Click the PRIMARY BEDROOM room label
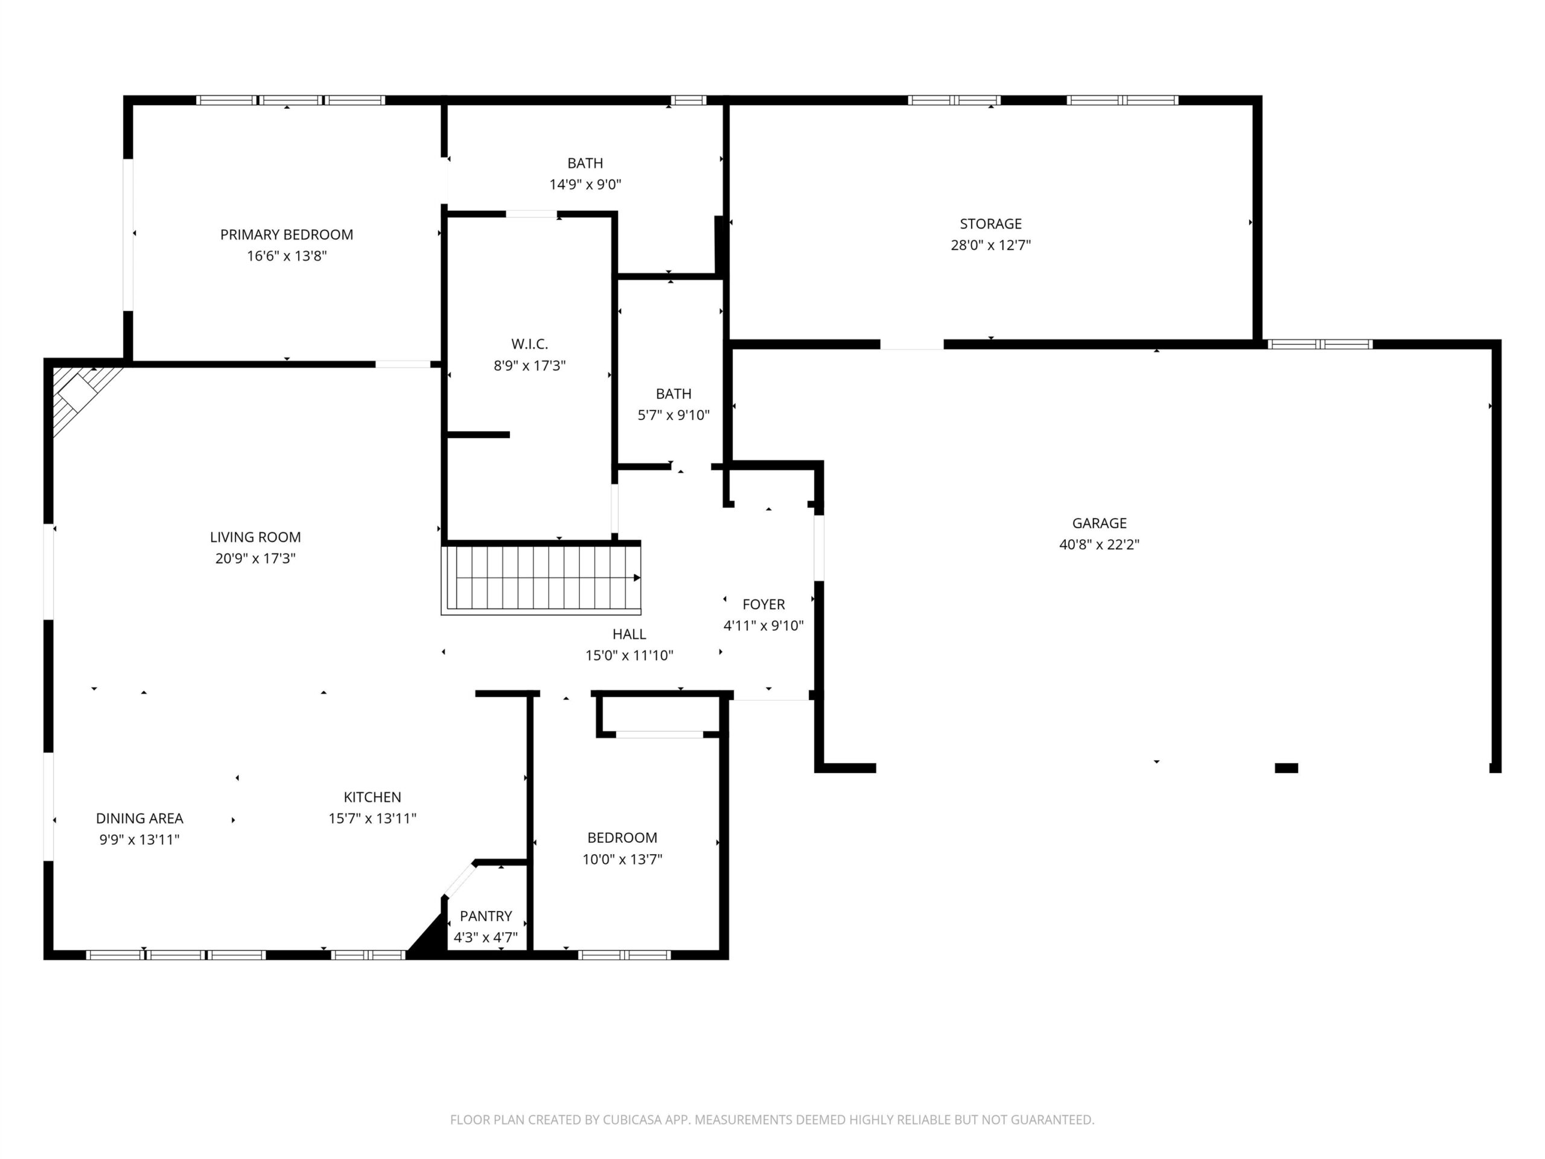pos(287,235)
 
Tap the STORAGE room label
pos(990,223)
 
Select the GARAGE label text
pos(1100,523)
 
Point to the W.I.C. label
pos(529,343)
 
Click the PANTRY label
pos(485,916)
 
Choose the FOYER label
pos(763,604)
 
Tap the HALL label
pos(629,634)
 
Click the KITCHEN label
pos(372,797)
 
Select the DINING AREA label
pos(139,818)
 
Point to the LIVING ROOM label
pos(256,537)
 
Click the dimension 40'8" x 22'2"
pos(1100,544)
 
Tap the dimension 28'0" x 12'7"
pos(990,245)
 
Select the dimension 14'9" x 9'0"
pos(585,185)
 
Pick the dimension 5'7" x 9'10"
pos(674,415)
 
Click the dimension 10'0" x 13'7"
pos(622,860)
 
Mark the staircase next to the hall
pos(541,578)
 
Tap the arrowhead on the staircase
pos(637,578)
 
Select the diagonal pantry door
pos(460,880)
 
